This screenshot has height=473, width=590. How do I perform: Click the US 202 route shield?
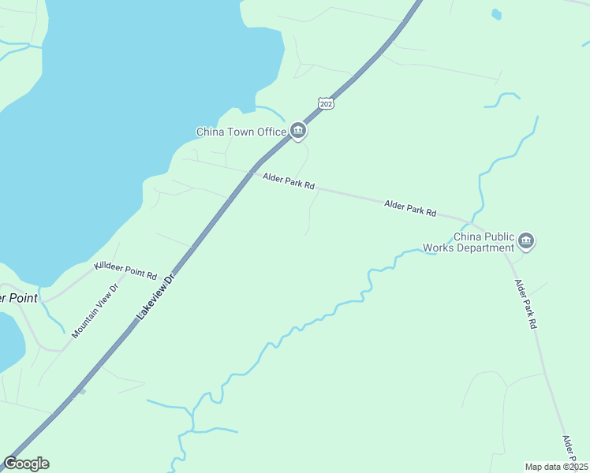click(327, 103)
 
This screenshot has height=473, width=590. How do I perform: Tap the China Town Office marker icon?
click(297, 131)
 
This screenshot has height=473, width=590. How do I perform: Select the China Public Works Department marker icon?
click(527, 241)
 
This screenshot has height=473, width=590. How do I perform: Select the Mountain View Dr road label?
click(94, 311)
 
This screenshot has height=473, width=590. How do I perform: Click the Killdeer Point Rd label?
click(125, 270)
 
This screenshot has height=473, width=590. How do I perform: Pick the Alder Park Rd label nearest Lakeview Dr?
click(289, 181)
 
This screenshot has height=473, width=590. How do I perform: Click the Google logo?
click(27, 464)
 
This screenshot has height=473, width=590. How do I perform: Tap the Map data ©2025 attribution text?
click(556, 467)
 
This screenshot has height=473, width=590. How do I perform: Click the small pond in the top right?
click(495, 13)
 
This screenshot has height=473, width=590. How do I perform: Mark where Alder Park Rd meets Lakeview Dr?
click(252, 173)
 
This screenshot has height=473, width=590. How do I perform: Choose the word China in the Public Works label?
click(467, 236)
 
